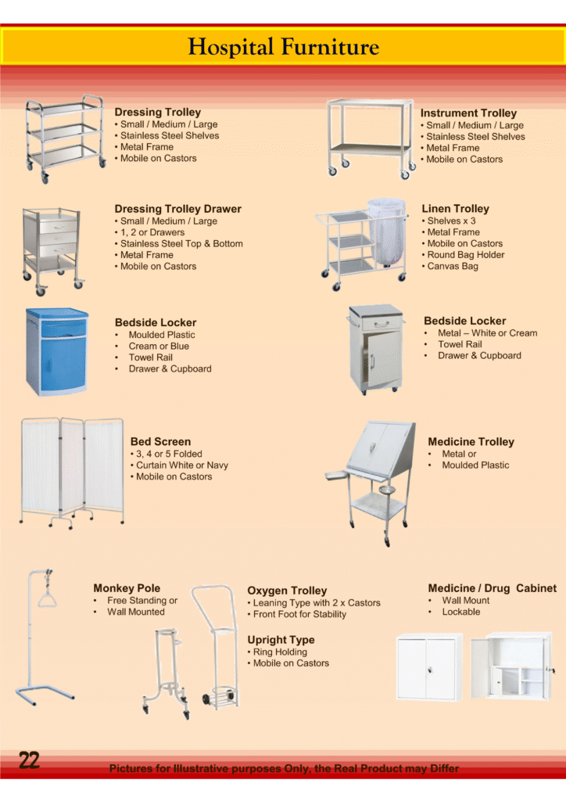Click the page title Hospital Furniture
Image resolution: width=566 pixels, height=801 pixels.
283,47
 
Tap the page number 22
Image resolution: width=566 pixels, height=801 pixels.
29,760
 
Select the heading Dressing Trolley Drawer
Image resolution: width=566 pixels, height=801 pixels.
177,209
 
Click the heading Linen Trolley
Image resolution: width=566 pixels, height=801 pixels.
455,208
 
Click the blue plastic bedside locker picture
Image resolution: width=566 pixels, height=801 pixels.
56,351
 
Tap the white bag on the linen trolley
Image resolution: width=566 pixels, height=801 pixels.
386,232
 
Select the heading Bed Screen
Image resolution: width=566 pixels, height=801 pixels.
160,442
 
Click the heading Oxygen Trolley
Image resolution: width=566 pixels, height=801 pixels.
287,591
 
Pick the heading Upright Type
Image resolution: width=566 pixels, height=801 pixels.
281,640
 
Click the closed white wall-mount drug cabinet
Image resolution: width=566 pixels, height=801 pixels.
429,666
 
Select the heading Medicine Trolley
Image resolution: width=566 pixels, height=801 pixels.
471,442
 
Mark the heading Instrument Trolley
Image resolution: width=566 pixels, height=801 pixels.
468,113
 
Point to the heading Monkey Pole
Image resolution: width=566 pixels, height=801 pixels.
127,588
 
